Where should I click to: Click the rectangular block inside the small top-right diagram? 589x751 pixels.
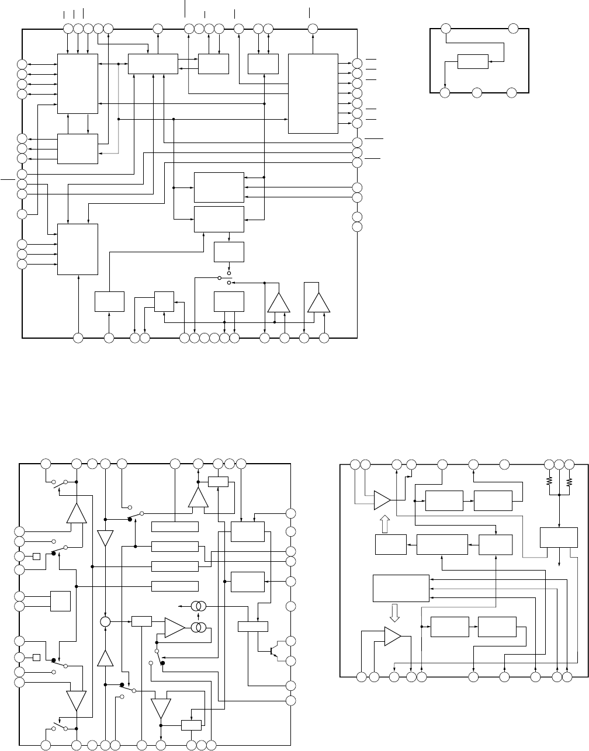coord(473,61)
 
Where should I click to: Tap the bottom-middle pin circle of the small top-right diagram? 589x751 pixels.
coord(477,92)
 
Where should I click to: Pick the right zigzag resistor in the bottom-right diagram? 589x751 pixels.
coord(570,482)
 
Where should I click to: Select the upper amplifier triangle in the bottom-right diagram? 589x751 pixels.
coord(382,500)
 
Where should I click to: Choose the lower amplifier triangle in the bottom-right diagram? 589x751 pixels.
coord(392,637)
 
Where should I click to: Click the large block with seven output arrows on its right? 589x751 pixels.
coord(313,93)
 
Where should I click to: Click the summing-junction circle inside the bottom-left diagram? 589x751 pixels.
coord(105,621)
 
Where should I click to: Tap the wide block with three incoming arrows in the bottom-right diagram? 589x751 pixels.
coord(401,588)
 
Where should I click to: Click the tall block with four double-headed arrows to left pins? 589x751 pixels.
coord(77,84)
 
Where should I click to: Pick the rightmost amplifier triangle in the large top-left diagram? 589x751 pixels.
coord(318,304)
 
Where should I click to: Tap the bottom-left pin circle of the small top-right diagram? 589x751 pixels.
coord(445,92)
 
